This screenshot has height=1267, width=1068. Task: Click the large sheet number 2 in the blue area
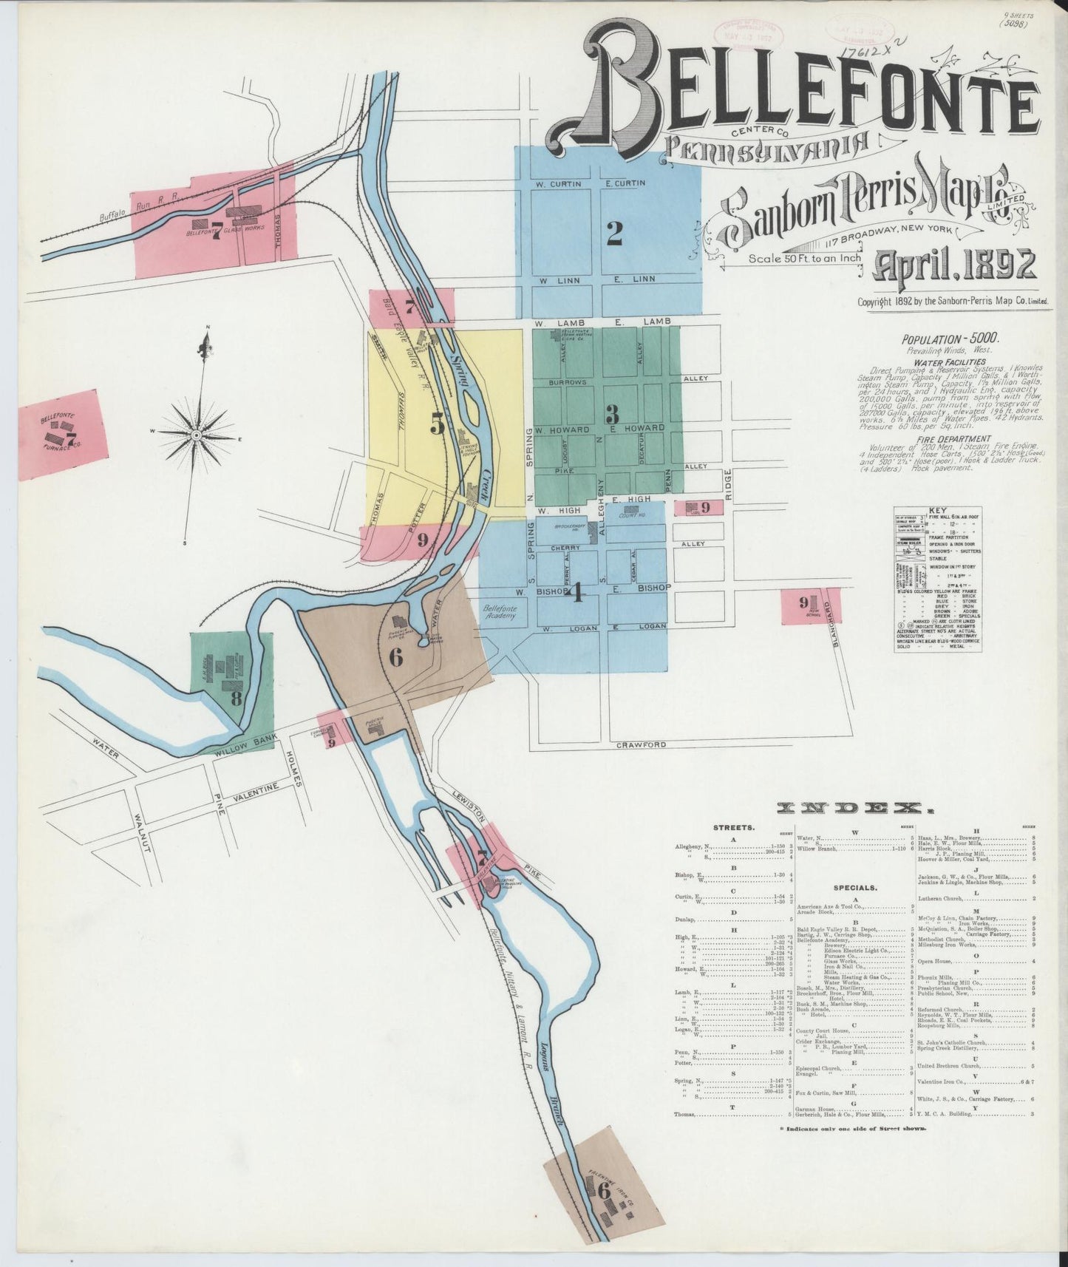614,234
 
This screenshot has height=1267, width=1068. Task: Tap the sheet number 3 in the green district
612,412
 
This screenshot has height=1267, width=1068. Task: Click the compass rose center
197,435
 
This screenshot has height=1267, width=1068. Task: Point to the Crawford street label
641,745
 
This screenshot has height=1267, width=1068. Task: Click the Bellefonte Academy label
500,612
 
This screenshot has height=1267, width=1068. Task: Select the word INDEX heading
851,808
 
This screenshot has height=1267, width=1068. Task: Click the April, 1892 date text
955,264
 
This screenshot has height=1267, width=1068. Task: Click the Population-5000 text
950,339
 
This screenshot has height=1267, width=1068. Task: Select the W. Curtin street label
559,183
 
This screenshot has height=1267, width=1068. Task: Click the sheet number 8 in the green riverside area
236,698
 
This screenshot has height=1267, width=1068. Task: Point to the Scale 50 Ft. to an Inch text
804,259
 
